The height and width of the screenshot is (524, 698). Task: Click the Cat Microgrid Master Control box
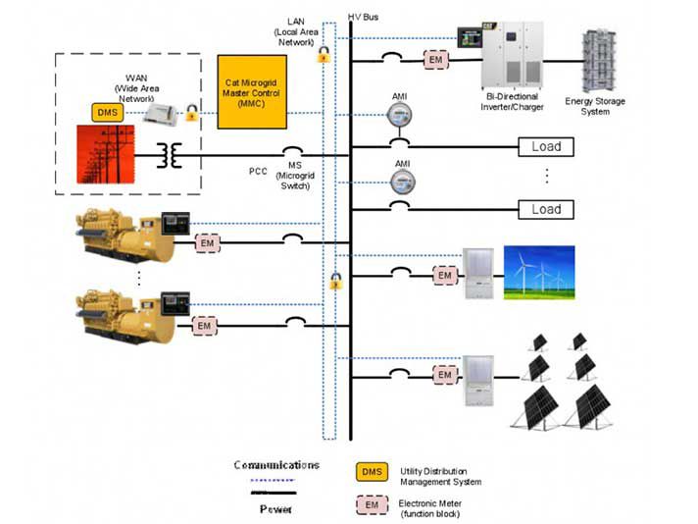click(253, 91)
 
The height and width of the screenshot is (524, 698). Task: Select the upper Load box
click(546, 147)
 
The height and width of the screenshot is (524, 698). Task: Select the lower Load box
click(546, 209)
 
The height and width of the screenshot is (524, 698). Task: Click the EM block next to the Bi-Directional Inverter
click(435, 60)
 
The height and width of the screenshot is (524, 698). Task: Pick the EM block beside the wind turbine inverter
click(445, 276)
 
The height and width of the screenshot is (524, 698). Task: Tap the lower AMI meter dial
click(400, 182)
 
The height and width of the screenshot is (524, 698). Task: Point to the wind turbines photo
click(538, 270)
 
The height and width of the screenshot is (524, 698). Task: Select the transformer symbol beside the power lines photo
click(174, 156)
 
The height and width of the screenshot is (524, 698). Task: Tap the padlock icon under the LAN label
click(323, 57)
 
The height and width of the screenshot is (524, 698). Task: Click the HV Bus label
click(365, 18)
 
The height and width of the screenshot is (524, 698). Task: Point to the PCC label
click(259, 172)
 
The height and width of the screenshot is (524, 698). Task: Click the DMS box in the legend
click(372, 474)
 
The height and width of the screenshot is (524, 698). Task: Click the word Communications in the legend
click(276, 464)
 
